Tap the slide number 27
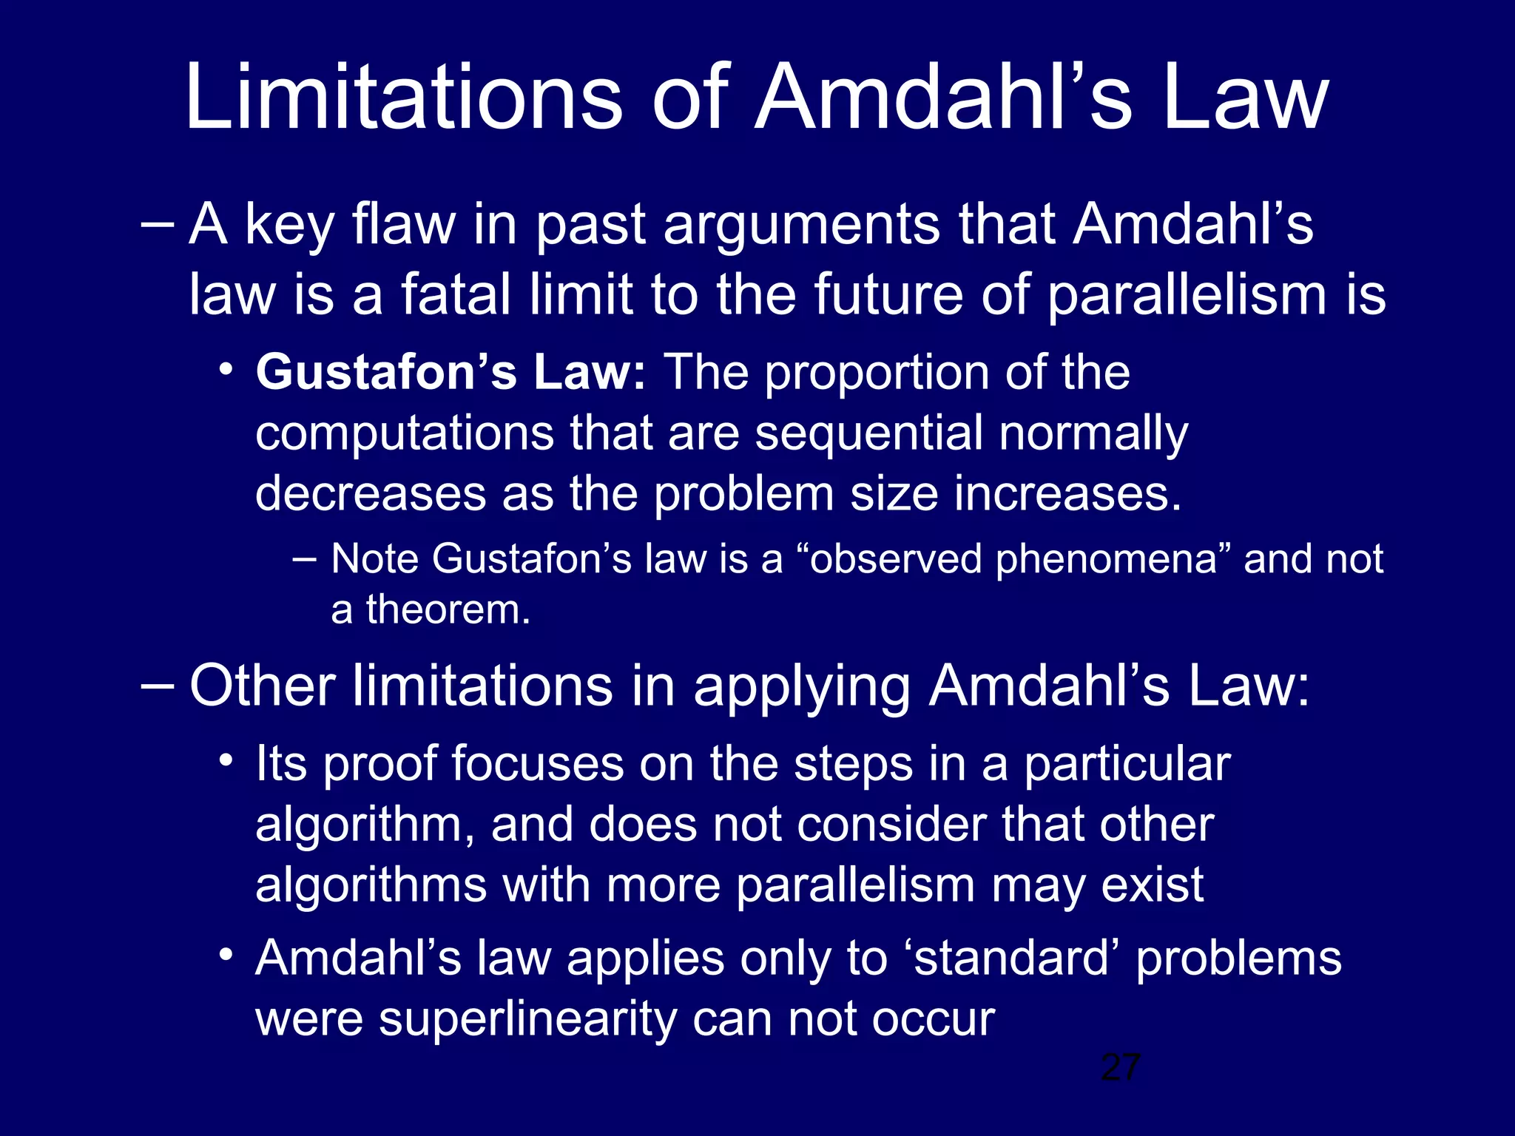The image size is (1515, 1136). click(x=1120, y=1067)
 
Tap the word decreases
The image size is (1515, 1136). click(x=371, y=493)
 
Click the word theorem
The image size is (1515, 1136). click(x=448, y=610)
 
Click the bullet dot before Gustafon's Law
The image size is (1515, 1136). click(x=226, y=368)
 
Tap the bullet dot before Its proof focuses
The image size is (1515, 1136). click(x=226, y=760)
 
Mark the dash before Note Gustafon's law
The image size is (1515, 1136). click(x=304, y=559)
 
